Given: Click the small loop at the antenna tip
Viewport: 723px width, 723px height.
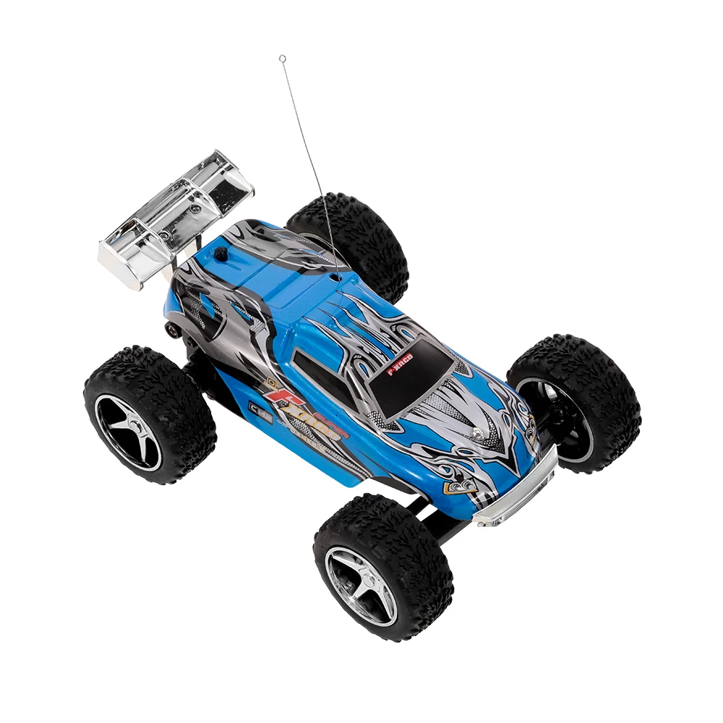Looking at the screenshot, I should pyautogui.click(x=283, y=59).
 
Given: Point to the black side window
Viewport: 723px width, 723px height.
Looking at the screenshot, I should pyautogui.click(x=313, y=360).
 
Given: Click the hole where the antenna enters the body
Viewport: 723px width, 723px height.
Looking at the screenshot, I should pyautogui.click(x=338, y=275).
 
